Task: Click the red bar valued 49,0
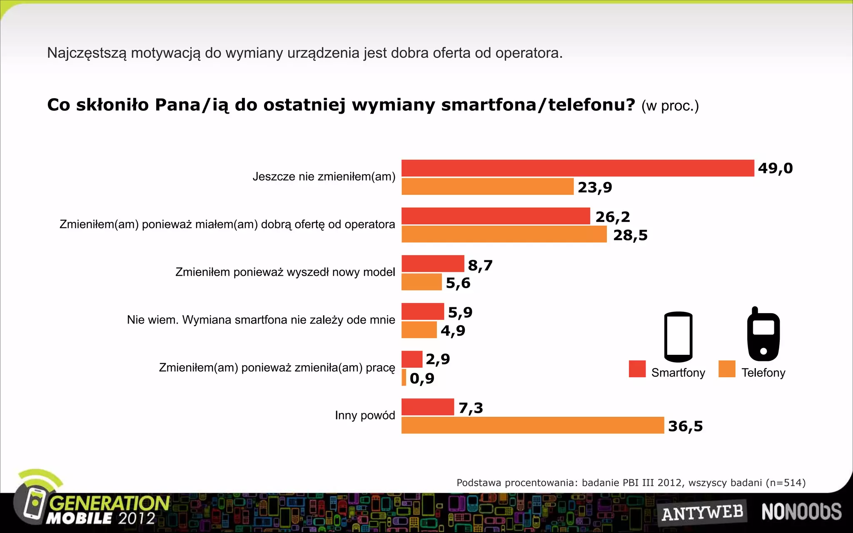[x=578, y=168]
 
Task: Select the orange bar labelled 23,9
[x=487, y=187]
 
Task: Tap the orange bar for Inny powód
[x=532, y=425]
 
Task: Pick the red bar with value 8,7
[x=432, y=264]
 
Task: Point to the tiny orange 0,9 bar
[x=404, y=377]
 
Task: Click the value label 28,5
[x=630, y=235]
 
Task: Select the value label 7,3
[x=471, y=408]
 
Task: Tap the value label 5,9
[x=460, y=312]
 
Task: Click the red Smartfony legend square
[x=637, y=369]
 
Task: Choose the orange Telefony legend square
[x=727, y=369]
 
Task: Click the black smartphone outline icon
[x=678, y=336]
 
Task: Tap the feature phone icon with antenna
[x=763, y=334]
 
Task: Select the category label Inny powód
[x=365, y=415]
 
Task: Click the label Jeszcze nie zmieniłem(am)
[x=324, y=177]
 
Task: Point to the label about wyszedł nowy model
[x=285, y=272]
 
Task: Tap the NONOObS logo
[x=801, y=512]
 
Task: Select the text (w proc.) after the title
[x=670, y=106]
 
